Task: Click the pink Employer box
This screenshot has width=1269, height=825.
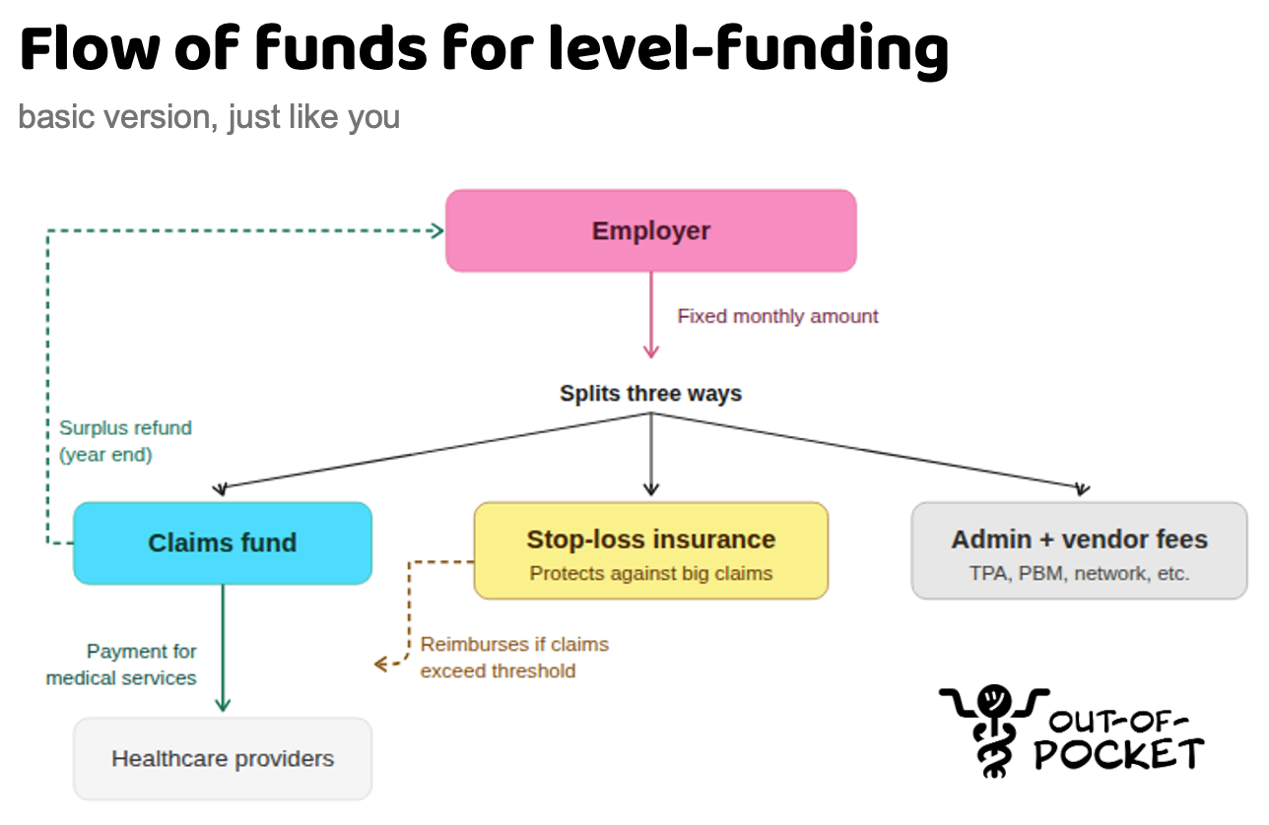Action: pyautogui.click(x=650, y=230)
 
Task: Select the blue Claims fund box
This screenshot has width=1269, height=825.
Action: pyautogui.click(x=223, y=542)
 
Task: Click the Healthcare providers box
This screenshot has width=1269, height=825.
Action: pyautogui.click(x=223, y=759)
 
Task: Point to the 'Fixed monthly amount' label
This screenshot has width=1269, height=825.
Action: pyautogui.click(x=777, y=316)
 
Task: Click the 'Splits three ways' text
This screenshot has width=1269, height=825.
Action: pyautogui.click(x=650, y=394)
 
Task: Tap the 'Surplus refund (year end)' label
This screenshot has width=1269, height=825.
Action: pyautogui.click(x=124, y=441)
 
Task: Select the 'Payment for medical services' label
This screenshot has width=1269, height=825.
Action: pyautogui.click(x=122, y=665)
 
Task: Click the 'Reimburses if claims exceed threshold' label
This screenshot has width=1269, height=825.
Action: pyautogui.click(x=514, y=658)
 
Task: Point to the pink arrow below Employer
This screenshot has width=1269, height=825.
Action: pyautogui.click(x=650, y=315)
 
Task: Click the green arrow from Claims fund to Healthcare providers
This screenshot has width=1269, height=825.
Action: pyautogui.click(x=223, y=650)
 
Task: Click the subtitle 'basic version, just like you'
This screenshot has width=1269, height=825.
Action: pyautogui.click(x=209, y=116)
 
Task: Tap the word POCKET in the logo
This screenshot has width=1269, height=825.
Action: pyautogui.click(x=1118, y=754)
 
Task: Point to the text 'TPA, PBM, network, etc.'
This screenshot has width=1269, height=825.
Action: pyautogui.click(x=1079, y=573)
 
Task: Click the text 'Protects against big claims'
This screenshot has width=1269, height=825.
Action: pyautogui.click(x=650, y=573)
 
